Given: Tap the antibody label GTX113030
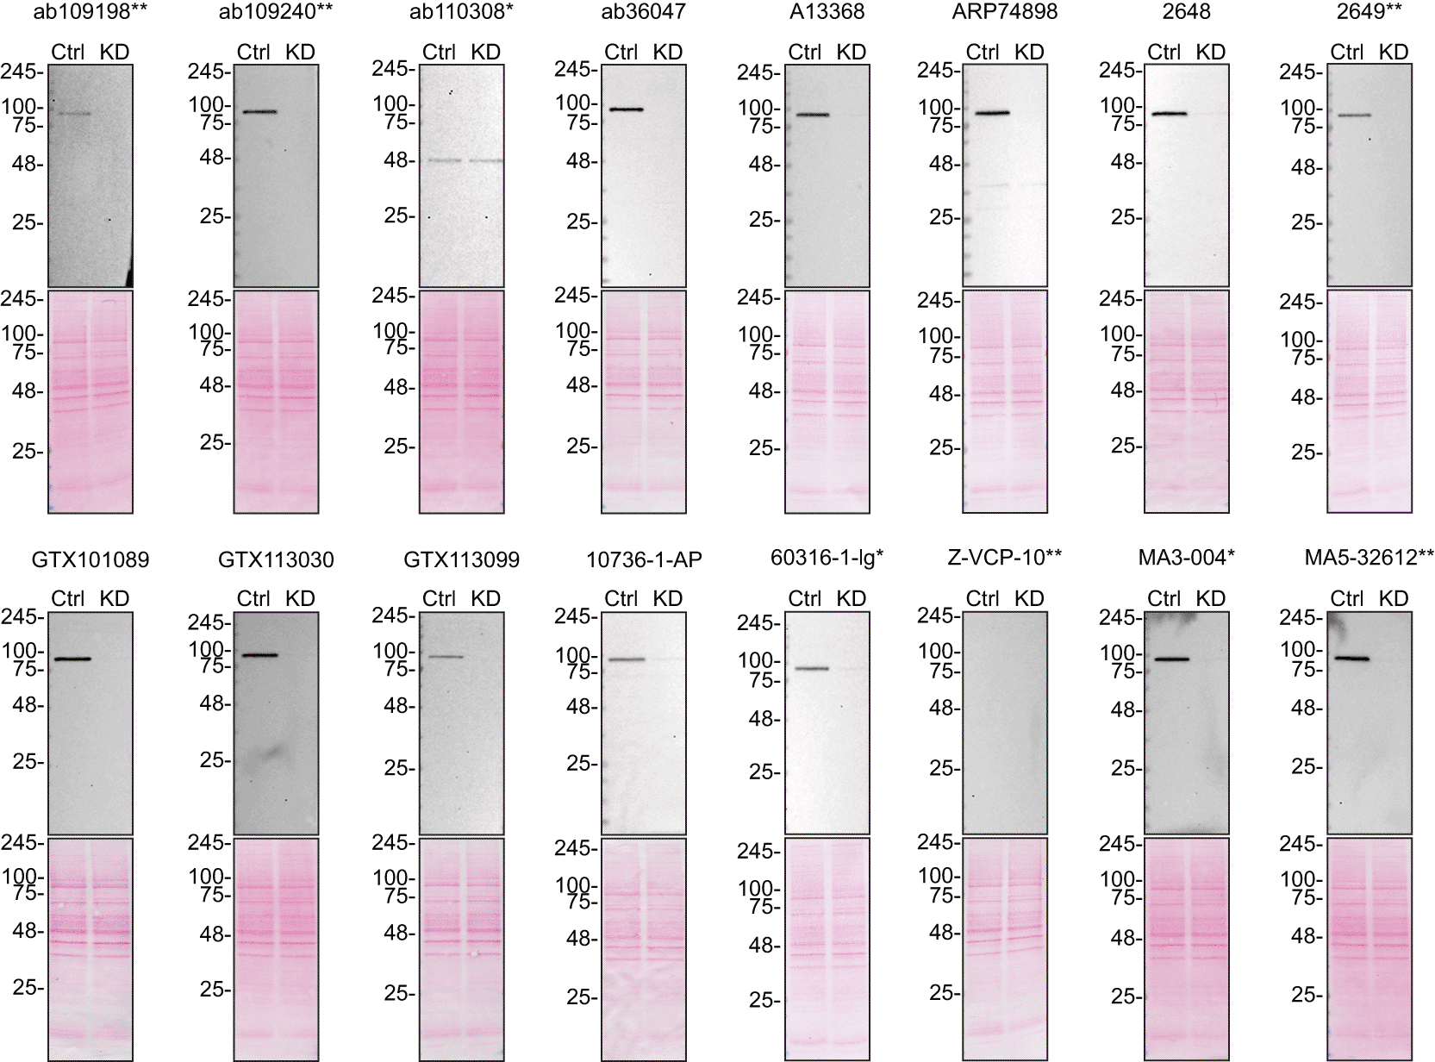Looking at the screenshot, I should tap(276, 560).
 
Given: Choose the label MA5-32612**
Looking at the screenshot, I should tap(1369, 559).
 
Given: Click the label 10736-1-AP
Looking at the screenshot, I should tap(644, 559).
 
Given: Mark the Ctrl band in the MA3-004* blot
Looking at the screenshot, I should tap(1171, 659).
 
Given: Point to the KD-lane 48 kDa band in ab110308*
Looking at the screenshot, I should tap(486, 160).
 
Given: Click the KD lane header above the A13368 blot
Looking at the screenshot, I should tap(851, 53).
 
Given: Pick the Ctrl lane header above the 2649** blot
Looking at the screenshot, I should tap(1346, 53).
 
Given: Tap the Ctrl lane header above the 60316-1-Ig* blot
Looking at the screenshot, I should tap(805, 598).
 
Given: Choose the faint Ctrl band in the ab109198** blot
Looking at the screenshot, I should tap(72, 113).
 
